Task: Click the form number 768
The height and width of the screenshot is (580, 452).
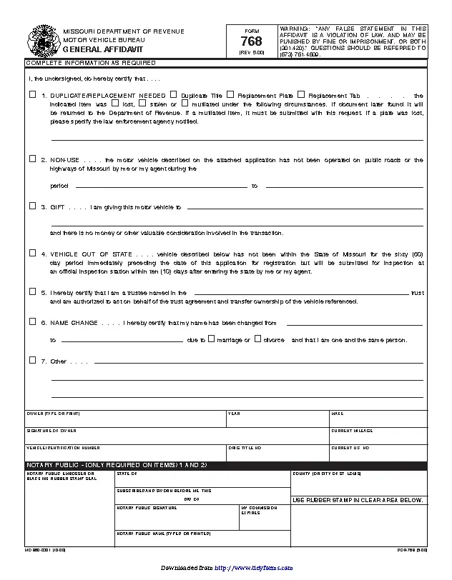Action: click(x=247, y=42)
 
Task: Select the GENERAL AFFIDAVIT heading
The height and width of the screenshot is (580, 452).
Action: click(x=93, y=49)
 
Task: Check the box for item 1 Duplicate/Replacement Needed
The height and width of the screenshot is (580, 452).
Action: click(x=32, y=94)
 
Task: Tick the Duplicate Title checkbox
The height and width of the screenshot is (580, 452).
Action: click(x=174, y=94)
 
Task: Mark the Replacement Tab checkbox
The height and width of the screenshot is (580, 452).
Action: click(x=301, y=94)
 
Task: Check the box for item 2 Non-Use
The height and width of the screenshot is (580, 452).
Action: click(x=32, y=159)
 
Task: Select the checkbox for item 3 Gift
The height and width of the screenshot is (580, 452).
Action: click(x=32, y=206)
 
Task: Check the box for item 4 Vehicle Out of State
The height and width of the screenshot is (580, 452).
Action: click(x=32, y=253)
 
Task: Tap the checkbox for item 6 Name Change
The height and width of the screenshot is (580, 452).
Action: click(x=32, y=321)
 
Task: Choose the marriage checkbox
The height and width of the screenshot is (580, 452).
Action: click(x=211, y=339)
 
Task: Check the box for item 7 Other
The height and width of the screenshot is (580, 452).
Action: click(x=32, y=360)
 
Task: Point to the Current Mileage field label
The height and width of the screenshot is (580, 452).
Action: click(x=350, y=431)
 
